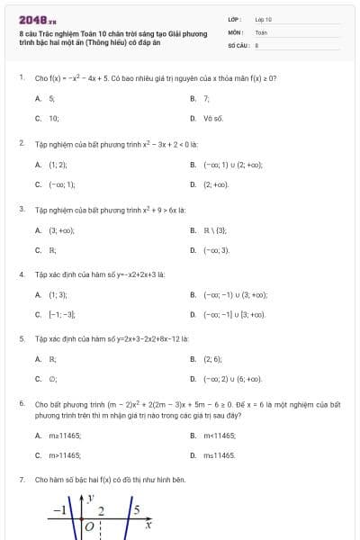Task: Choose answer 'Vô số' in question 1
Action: click(212, 118)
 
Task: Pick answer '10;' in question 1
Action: click(54, 118)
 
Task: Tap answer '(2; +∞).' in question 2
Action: click(216, 184)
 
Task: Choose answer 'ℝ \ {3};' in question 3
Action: click(216, 229)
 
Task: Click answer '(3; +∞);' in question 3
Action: click(61, 229)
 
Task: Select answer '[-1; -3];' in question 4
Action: click(61, 314)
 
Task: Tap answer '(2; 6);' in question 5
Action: click(212, 359)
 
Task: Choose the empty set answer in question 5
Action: click(53, 379)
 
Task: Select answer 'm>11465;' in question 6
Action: click(64, 455)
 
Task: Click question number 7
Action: click(21, 481)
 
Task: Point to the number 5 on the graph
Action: click(136, 511)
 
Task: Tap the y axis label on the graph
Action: click(91, 498)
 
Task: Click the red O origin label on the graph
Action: click(88, 525)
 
